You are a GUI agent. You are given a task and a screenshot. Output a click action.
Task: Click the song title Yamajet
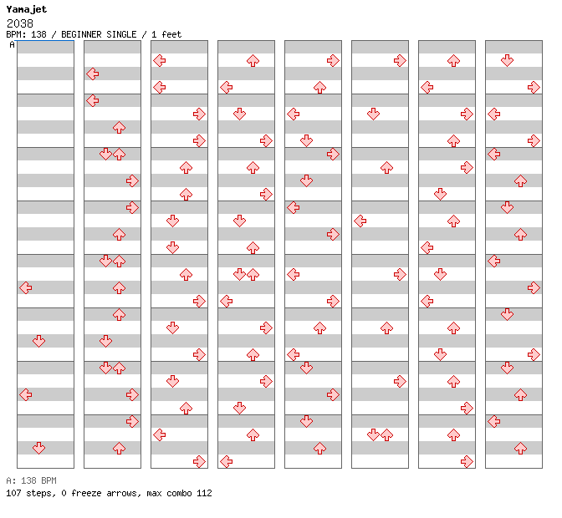(27, 10)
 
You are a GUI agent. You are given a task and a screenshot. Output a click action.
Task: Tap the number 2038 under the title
(20, 23)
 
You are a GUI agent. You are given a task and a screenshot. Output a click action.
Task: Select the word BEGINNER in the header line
(81, 34)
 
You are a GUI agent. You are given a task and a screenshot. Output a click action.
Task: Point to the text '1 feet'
(166, 34)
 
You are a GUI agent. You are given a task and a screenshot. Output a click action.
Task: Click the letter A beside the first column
(13, 45)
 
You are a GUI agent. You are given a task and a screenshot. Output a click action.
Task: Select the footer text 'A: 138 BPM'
(31, 480)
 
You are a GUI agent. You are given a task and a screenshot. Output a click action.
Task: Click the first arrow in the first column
(25, 287)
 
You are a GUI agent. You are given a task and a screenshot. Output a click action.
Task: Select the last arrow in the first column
(38, 448)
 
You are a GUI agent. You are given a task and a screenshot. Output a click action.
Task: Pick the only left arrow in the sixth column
(360, 221)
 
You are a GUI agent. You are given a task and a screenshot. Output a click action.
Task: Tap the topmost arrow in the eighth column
(507, 60)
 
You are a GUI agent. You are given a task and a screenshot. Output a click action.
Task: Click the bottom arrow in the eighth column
(520, 448)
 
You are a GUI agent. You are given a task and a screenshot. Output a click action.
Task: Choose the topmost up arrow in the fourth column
(253, 60)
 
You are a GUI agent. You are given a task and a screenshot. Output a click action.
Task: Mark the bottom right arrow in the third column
(199, 461)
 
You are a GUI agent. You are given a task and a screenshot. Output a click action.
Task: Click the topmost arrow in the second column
(93, 74)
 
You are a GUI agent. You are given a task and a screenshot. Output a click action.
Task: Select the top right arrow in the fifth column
(333, 60)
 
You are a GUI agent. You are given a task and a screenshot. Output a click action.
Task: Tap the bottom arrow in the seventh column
(467, 461)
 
